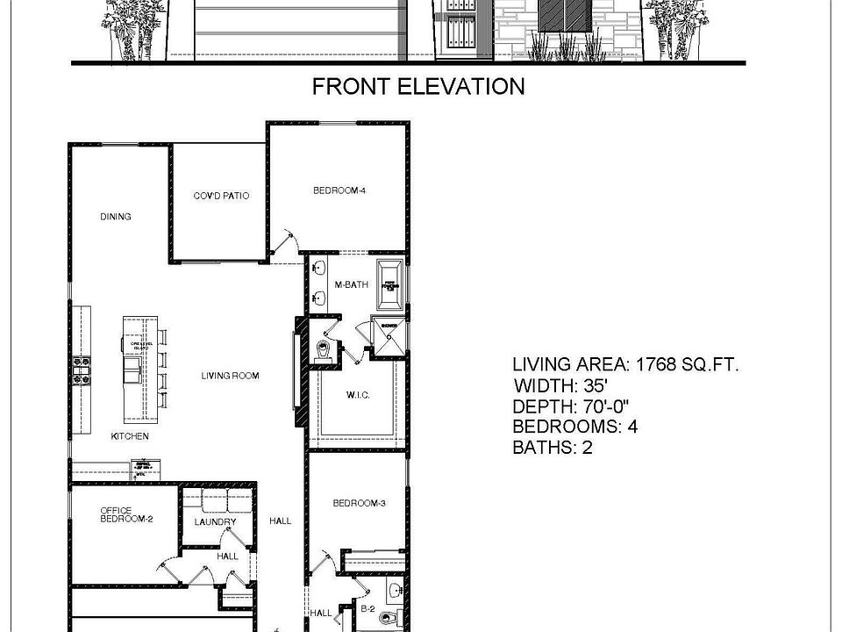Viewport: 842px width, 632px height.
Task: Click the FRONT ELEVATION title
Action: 418,86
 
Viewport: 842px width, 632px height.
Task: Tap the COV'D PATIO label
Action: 221,196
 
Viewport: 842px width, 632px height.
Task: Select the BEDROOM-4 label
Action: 339,190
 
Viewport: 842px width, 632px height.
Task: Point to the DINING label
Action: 115,217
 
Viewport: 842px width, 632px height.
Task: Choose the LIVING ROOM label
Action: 230,376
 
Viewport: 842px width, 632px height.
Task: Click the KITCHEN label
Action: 129,436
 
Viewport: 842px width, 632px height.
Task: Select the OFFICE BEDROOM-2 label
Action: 126,514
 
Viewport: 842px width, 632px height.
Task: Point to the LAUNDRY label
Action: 215,522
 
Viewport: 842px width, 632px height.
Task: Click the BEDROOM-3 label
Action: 359,504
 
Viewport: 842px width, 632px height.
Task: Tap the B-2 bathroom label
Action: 369,607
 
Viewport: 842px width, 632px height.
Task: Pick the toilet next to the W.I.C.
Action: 323,350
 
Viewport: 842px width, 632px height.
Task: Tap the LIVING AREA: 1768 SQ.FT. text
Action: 624,364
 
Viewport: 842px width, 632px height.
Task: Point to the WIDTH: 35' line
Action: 560,385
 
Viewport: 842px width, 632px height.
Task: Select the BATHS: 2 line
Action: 554,448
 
